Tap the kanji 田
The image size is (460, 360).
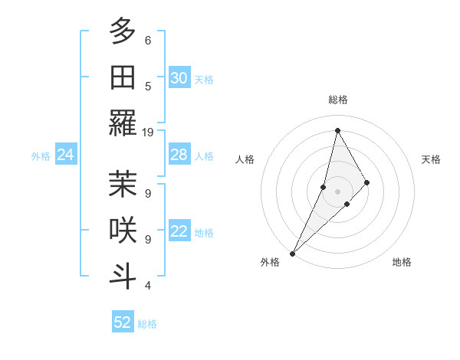123,77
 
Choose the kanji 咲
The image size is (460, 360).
123,231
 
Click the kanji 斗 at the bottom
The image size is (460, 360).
123,277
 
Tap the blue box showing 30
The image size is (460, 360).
179,78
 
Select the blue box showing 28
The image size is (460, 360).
179,155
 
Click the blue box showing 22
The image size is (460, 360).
179,232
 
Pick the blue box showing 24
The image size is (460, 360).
66,155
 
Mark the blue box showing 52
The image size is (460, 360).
123,322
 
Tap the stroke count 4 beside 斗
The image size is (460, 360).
147,286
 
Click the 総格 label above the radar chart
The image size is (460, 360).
337,100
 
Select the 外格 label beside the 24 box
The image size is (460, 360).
41,156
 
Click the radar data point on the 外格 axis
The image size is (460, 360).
292,253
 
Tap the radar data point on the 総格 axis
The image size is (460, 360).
337,130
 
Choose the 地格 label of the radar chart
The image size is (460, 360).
402,262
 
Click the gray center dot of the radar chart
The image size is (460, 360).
337,191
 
